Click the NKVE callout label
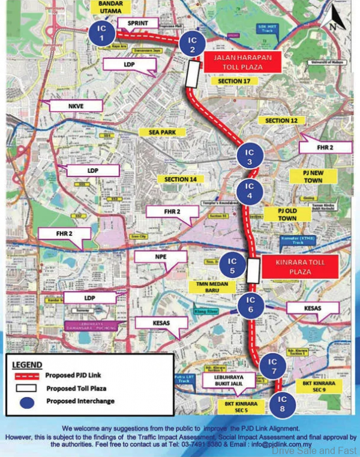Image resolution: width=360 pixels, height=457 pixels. point(75,106)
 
